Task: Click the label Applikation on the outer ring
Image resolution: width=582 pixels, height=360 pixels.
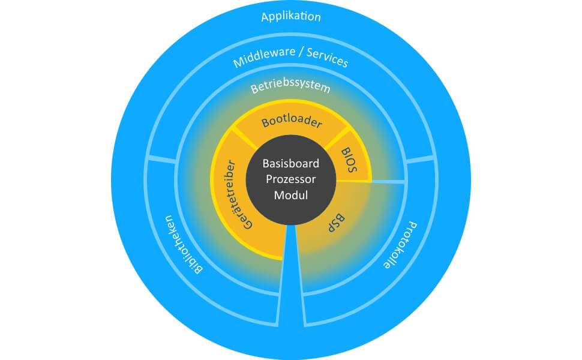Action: (291, 16)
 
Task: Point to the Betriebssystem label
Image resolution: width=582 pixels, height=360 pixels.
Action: (290, 87)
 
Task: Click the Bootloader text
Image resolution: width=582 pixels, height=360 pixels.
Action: (292, 123)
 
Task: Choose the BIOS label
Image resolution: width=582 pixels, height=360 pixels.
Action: (349, 161)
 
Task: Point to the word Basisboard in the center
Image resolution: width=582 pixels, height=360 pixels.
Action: (291, 164)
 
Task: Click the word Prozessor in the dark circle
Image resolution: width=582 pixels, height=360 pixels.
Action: (291, 179)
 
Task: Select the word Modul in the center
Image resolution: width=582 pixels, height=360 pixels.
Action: (291, 195)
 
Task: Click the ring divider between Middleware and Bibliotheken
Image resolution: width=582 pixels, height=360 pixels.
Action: (161, 158)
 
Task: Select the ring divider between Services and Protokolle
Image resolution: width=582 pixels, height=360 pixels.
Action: (420, 160)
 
